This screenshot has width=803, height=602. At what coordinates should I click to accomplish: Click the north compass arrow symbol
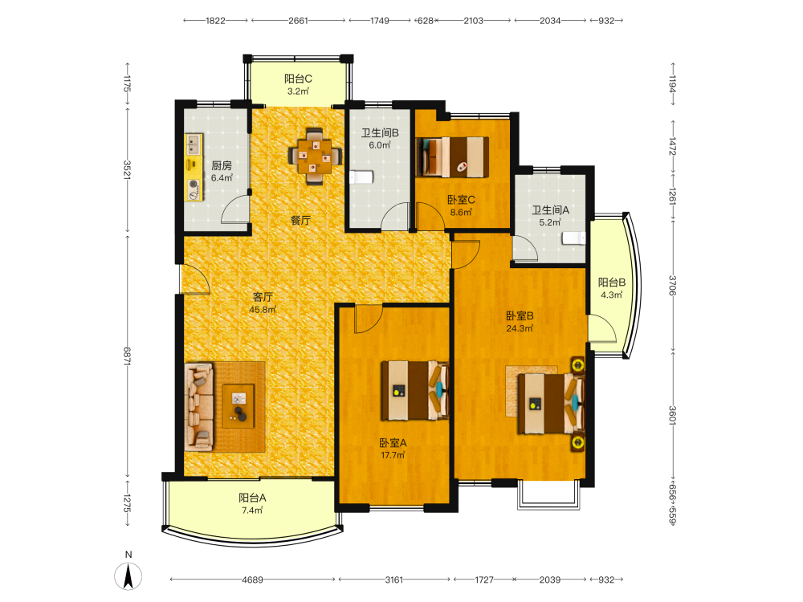tap(128, 576)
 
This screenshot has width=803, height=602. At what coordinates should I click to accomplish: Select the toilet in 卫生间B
tap(361, 177)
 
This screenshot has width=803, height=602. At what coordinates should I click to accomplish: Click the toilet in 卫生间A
tap(574, 238)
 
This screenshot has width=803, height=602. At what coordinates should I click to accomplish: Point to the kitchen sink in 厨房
tap(194, 144)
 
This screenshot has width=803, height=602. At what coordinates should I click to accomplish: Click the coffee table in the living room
tap(238, 406)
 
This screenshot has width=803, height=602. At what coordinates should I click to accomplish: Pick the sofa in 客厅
tap(198, 407)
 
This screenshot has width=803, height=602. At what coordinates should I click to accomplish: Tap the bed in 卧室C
tap(453, 157)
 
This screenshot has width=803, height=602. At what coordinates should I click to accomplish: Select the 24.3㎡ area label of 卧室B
tap(520, 328)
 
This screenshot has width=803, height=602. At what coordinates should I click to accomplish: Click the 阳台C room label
tap(298, 79)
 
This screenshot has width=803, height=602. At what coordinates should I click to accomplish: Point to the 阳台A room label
tap(252, 498)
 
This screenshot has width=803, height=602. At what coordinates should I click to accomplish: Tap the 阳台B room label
tap(611, 282)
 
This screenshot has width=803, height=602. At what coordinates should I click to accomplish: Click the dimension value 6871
tap(127, 356)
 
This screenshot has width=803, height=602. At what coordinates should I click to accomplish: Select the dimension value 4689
tap(252, 580)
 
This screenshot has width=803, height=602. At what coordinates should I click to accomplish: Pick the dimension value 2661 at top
tap(298, 21)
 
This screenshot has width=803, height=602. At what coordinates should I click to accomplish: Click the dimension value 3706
tap(672, 285)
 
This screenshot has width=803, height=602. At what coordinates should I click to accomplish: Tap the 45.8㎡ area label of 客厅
tap(263, 310)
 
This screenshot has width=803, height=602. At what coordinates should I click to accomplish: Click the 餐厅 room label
tap(300, 221)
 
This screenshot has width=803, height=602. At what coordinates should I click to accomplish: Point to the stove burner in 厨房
tap(194, 185)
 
